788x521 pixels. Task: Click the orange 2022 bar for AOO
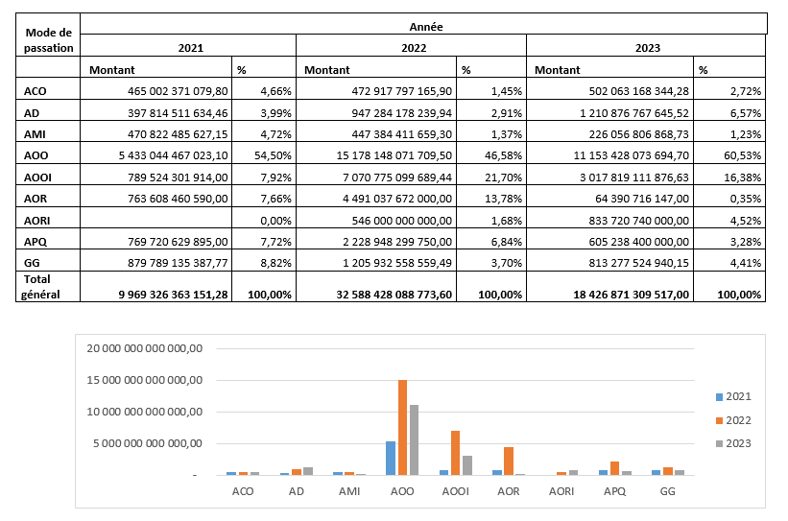click(x=402, y=428)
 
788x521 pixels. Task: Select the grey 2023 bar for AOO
click(x=413, y=439)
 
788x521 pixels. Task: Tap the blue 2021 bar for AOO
click(x=391, y=458)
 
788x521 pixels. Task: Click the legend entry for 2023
click(x=734, y=442)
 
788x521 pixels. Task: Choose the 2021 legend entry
click(x=734, y=396)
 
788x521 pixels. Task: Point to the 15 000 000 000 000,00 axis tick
click(x=144, y=380)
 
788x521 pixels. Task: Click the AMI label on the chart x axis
click(x=349, y=491)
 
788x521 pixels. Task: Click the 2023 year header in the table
click(x=646, y=46)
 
